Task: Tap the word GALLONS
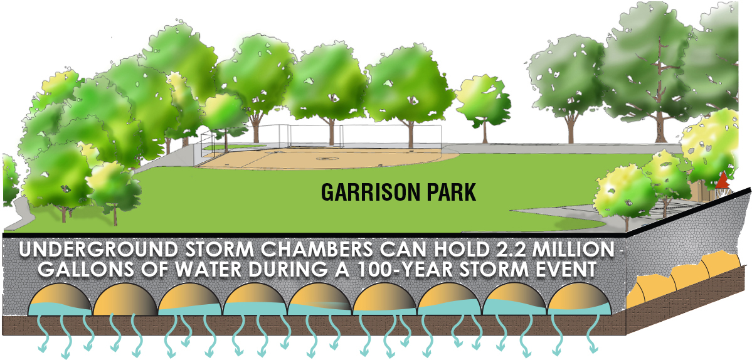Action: (80, 270)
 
